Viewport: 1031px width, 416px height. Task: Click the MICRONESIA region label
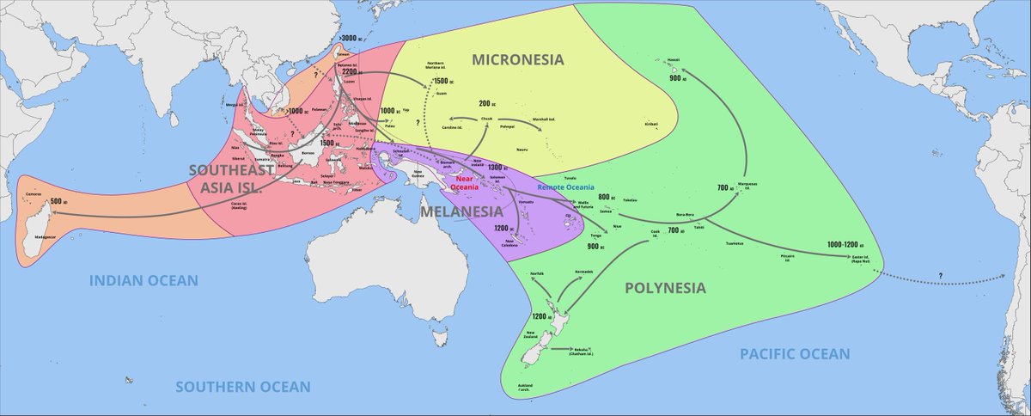pyautogui.click(x=517, y=59)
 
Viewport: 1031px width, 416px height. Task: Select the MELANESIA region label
pyautogui.click(x=461, y=211)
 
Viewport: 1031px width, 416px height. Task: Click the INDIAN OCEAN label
pyautogui.click(x=145, y=280)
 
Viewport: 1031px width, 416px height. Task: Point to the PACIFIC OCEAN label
pyautogui.click(x=795, y=353)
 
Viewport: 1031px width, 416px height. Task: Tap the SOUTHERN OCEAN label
pyautogui.click(x=243, y=387)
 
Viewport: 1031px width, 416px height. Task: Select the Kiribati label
pyautogui.click(x=651, y=124)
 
